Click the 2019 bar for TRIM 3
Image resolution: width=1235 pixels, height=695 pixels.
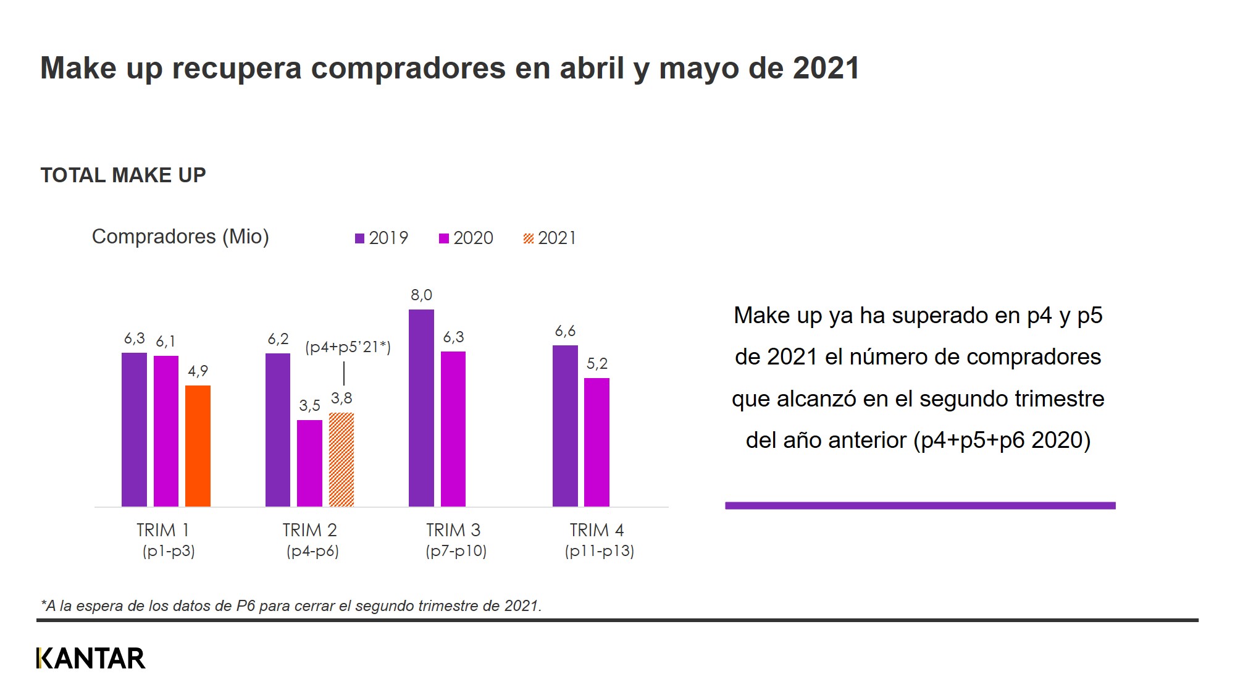point(421,408)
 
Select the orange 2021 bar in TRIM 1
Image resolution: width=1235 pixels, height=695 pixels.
point(198,446)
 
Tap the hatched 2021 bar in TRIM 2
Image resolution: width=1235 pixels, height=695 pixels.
point(341,460)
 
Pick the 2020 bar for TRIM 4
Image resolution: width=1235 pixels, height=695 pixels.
point(597,442)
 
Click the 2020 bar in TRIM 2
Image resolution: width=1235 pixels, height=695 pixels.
point(309,463)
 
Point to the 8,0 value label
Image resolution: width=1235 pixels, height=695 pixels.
point(421,295)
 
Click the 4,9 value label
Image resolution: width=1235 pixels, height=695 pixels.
point(198,371)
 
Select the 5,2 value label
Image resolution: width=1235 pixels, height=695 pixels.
point(597,364)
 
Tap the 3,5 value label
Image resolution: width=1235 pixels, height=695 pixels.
point(309,406)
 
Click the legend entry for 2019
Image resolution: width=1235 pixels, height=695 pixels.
point(382,238)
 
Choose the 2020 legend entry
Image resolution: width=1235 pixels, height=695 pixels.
point(466,238)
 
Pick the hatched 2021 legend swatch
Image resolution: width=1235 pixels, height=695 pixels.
point(529,238)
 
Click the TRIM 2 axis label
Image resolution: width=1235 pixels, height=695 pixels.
point(309,530)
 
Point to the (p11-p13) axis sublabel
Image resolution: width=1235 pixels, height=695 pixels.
point(599,551)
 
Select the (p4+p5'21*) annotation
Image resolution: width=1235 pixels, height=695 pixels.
point(348,347)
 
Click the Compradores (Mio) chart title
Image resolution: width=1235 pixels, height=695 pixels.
point(180,237)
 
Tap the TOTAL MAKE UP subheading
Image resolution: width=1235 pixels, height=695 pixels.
point(123,175)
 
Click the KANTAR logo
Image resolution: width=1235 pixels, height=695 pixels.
point(91,659)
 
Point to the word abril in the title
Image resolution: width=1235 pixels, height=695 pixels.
point(592,68)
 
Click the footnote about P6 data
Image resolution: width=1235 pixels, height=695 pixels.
point(291,606)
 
